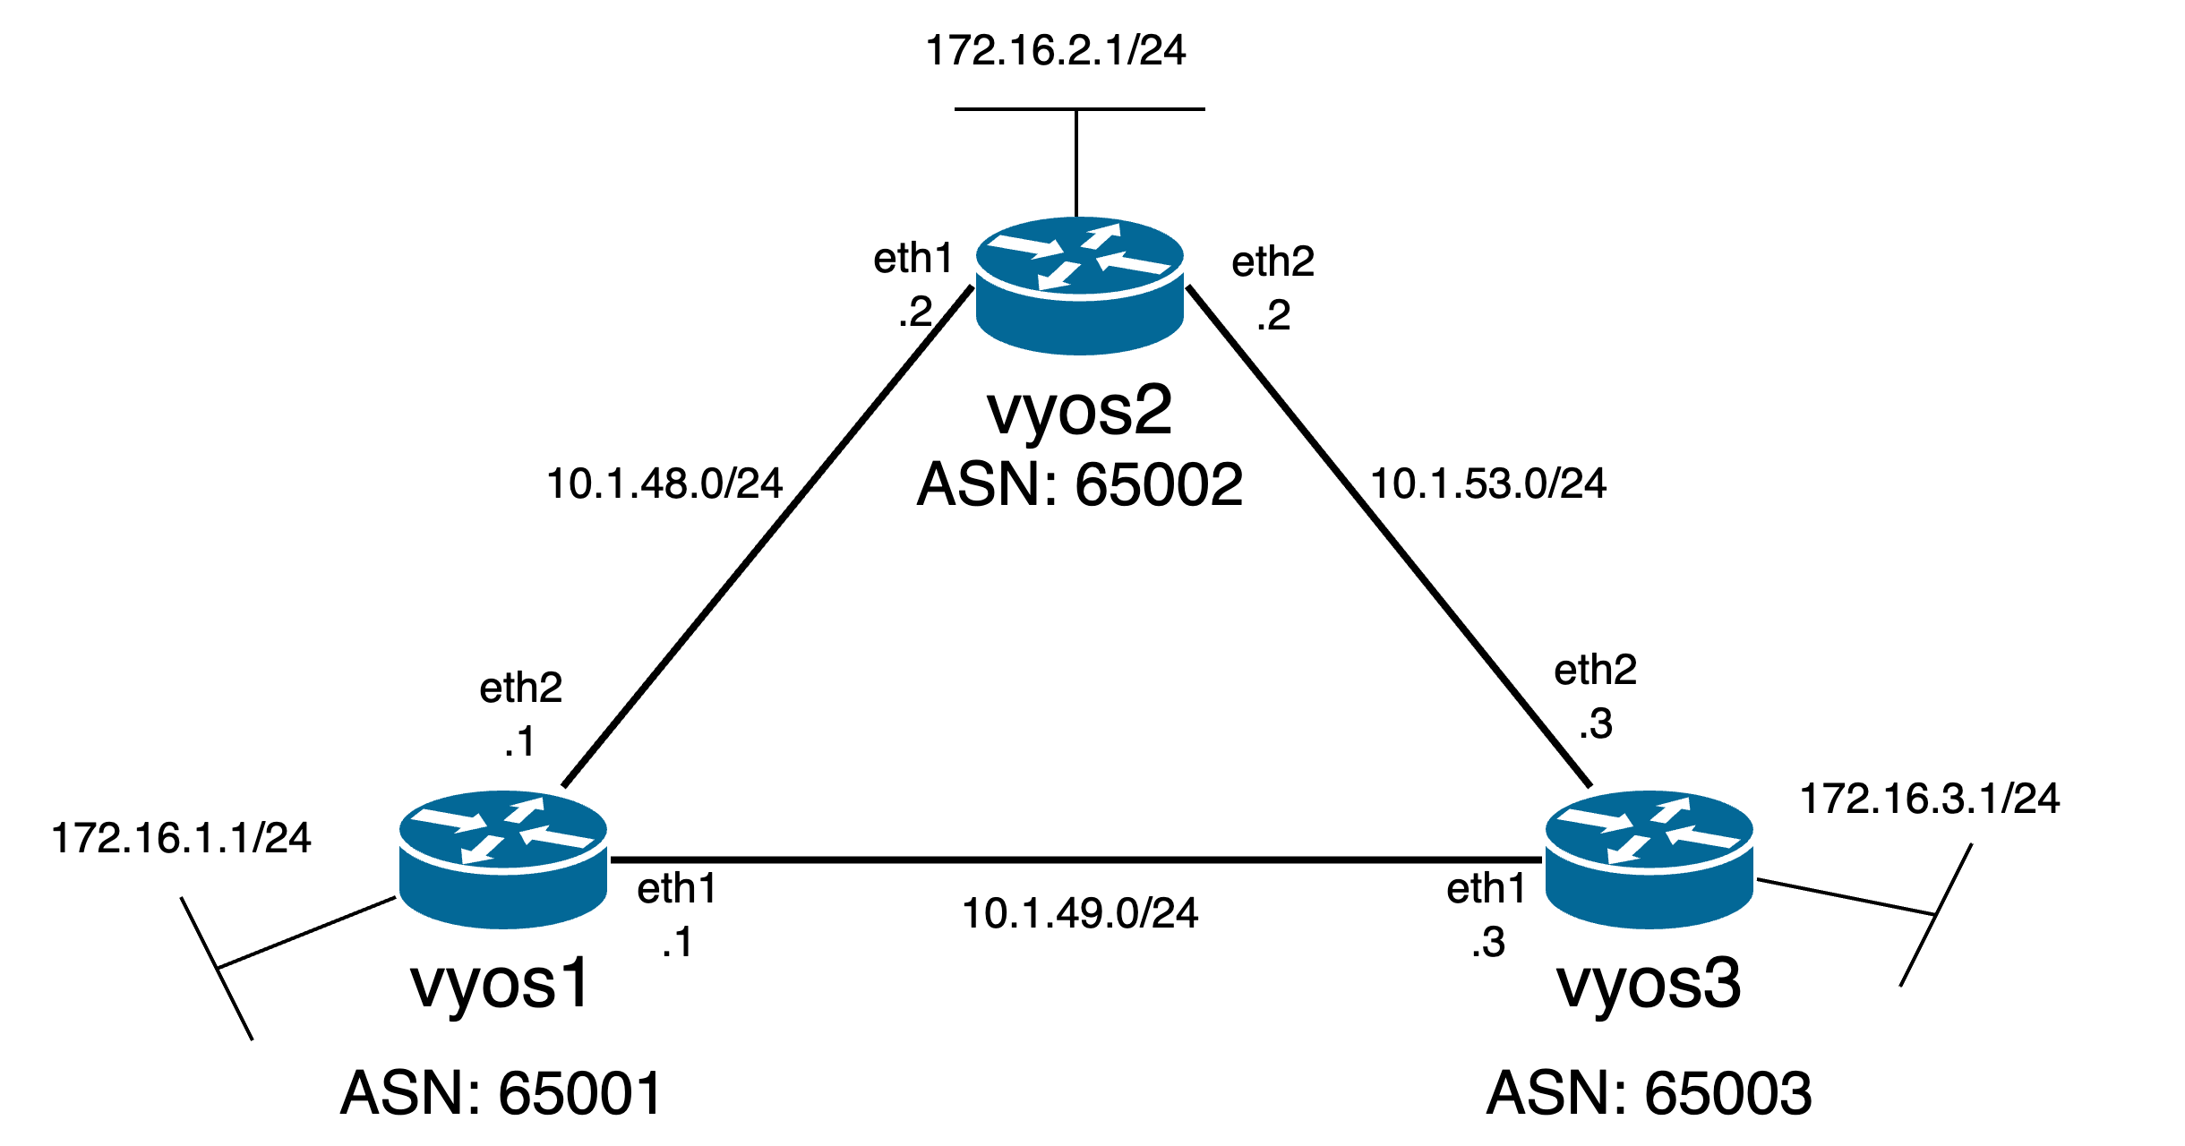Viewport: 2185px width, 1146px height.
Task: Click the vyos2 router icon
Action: (x=1080, y=285)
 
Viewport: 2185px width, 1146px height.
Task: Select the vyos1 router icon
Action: (x=503, y=859)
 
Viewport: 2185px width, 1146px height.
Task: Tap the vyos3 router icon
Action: (x=1649, y=859)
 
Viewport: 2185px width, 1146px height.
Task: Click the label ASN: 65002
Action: (x=1080, y=485)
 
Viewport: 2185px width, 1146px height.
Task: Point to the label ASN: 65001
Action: (x=501, y=1093)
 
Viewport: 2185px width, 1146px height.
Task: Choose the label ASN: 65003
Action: (x=1649, y=1093)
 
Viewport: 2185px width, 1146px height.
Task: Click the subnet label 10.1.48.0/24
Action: (x=664, y=484)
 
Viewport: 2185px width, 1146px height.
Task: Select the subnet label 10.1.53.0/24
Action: (x=1488, y=484)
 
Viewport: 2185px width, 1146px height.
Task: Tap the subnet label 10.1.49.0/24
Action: (x=1080, y=914)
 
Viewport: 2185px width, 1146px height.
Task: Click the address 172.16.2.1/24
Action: (x=1056, y=51)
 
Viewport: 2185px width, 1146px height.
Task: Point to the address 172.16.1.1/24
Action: (x=182, y=839)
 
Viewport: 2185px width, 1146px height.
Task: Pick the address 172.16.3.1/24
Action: (x=1930, y=800)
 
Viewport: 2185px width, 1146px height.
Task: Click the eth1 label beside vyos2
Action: (x=913, y=260)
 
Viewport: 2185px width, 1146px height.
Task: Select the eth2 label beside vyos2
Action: (x=1272, y=263)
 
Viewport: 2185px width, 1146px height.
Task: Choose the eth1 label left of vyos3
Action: (x=1487, y=890)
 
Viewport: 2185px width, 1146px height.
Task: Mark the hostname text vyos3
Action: (x=1649, y=984)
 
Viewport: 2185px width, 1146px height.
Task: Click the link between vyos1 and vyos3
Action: (x=1075, y=859)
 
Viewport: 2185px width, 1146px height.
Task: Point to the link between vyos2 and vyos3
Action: (x=1388, y=537)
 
